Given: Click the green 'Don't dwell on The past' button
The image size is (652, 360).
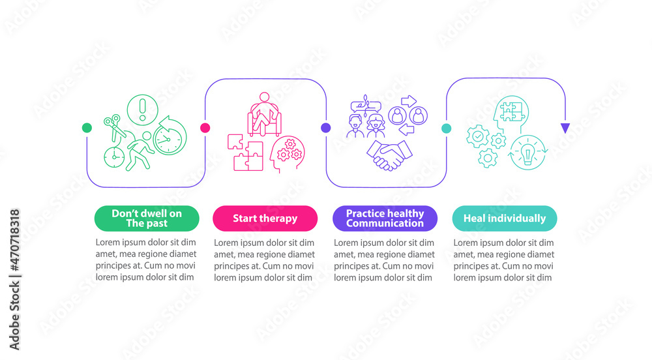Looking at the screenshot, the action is pyautogui.click(x=147, y=218).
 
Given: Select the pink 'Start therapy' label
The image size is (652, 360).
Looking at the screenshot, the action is pyautogui.click(x=265, y=218).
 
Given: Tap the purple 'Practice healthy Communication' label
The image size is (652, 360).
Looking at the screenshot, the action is pyautogui.click(x=385, y=218).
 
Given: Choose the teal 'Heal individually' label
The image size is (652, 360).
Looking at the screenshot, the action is pyautogui.click(x=504, y=218).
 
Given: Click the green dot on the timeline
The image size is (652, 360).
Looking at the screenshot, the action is pyautogui.click(x=87, y=128).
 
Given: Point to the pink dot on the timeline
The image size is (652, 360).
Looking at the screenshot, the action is pyautogui.click(x=205, y=128).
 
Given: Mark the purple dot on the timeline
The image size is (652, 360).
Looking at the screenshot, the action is pyautogui.click(x=325, y=128).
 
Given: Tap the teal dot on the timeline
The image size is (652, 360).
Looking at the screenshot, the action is pyautogui.click(x=447, y=128).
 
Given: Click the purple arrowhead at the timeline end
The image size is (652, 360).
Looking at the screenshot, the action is pyautogui.click(x=565, y=128).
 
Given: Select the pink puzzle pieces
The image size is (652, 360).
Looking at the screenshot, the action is pyautogui.click(x=244, y=153).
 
